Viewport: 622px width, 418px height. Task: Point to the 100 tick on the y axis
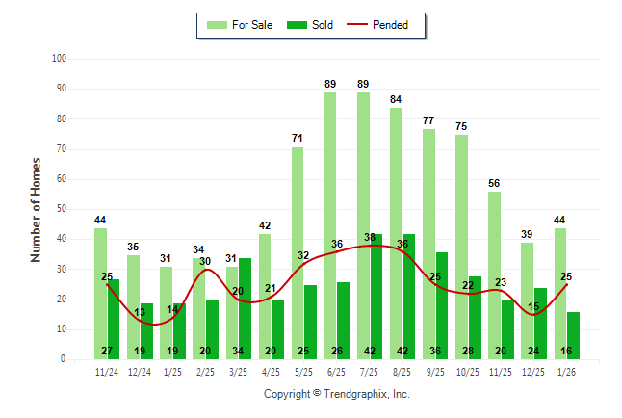click(x=59, y=59)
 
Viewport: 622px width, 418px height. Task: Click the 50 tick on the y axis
click(x=61, y=209)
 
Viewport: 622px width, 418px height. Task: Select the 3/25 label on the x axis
click(x=238, y=371)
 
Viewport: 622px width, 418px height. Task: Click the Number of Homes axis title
click(x=36, y=209)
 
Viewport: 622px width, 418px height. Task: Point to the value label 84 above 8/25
click(x=396, y=99)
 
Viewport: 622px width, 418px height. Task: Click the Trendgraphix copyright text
click(x=336, y=394)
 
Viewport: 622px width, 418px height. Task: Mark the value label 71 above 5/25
click(x=298, y=139)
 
